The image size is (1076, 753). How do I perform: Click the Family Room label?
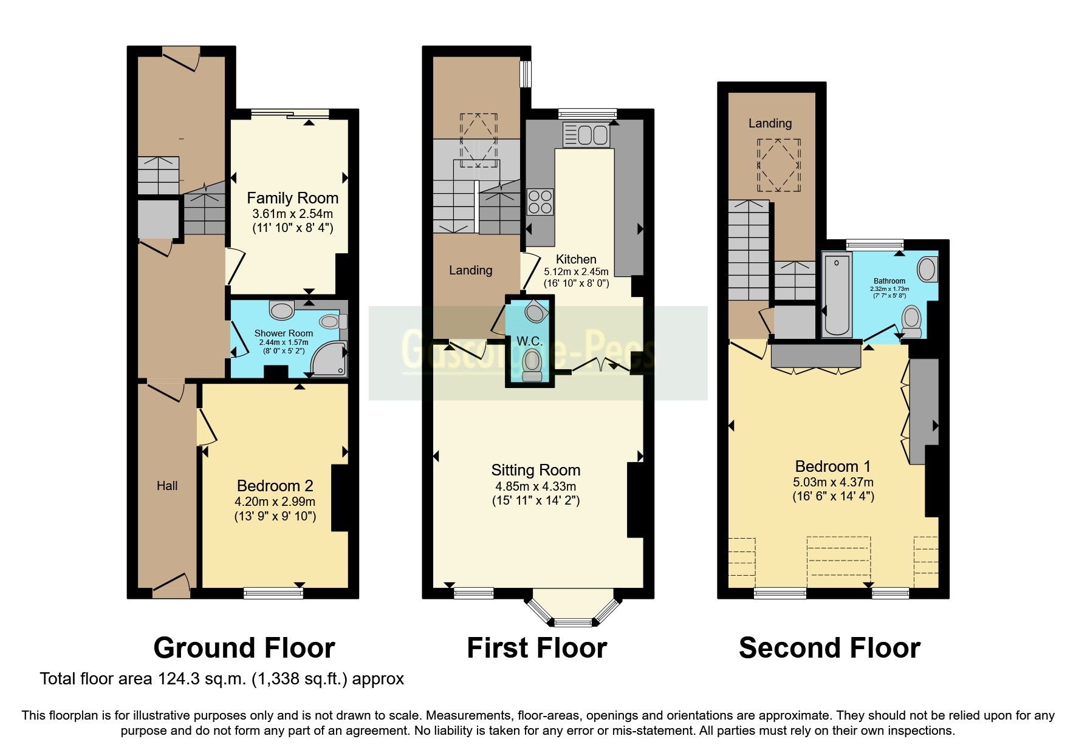(x=292, y=198)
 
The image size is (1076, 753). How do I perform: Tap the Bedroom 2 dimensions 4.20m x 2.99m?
(x=275, y=502)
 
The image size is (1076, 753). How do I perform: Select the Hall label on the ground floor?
(x=167, y=486)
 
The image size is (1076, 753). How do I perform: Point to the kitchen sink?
(x=586, y=135)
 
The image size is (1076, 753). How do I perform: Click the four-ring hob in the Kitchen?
(x=540, y=202)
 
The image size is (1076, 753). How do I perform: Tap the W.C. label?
(x=529, y=341)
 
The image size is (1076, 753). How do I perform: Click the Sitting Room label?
(x=535, y=470)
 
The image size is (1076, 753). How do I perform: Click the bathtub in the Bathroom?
(x=837, y=295)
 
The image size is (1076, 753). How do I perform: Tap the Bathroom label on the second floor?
(x=889, y=281)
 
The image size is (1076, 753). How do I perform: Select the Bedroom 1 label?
(x=832, y=466)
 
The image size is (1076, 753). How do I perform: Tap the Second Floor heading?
(x=829, y=648)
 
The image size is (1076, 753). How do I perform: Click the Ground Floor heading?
(x=244, y=648)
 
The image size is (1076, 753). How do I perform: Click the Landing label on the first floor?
(x=470, y=270)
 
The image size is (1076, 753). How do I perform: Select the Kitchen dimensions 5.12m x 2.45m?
(x=575, y=272)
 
